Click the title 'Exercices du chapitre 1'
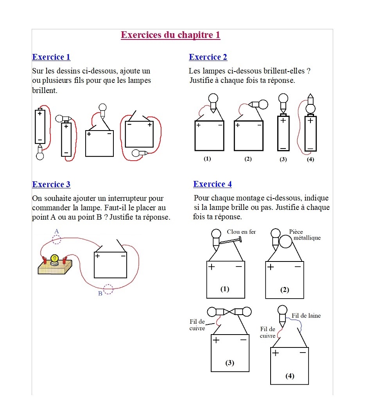point(170,35)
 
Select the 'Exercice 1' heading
point(51,57)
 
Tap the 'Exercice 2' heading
point(208,57)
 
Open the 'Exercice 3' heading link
point(51,184)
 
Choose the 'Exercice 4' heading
point(212,184)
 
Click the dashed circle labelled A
point(57,239)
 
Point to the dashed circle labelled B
point(108,289)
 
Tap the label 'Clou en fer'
point(241,232)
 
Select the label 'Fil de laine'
point(306,315)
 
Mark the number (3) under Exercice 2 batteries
point(283,159)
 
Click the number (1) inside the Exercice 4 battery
point(225,289)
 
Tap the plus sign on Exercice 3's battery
point(97,256)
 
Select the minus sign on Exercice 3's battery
point(123,256)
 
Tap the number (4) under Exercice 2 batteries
point(310,159)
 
